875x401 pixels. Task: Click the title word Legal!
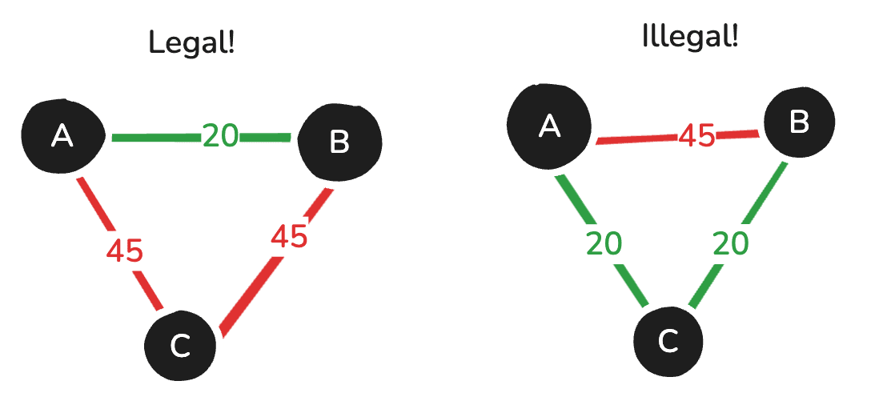coord(192,42)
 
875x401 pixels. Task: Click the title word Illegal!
coord(690,36)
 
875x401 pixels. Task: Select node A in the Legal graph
coord(62,136)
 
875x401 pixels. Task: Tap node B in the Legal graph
coord(339,142)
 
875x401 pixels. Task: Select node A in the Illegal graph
coord(549,125)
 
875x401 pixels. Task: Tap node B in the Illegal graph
coord(798,122)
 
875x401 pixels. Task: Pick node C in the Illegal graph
coord(668,340)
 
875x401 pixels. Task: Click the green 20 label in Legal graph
coord(220,136)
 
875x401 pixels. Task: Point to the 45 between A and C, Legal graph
coord(125,251)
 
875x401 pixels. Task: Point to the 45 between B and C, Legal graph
coord(289,236)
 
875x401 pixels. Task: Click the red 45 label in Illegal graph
coord(697,135)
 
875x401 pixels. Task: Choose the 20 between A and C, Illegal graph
coord(604,243)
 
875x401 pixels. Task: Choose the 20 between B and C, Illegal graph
coord(730,243)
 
